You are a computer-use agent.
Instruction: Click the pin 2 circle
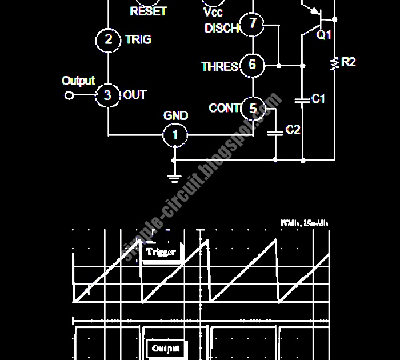click(108, 39)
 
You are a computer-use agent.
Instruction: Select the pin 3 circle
click(107, 95)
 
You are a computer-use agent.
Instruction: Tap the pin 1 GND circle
click(175, 135)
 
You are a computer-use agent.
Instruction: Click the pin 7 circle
click(251, 25)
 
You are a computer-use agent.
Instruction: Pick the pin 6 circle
click(252, 65)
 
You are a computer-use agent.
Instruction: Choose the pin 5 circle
click(253, 107)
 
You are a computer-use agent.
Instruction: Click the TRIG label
click(138, 39)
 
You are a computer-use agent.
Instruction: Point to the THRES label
click(219, 67)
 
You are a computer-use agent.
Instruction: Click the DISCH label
click(221, 28)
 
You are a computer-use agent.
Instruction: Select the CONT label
click(224, 108)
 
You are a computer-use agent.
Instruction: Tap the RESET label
click(148, 11)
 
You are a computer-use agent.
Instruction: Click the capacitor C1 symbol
click(302, 100)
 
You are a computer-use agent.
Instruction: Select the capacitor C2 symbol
click(275, 132)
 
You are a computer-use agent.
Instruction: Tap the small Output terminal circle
click(69, 95)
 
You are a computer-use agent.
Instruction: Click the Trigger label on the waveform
click(162, 251)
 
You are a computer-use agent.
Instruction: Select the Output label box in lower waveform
click(166, 347)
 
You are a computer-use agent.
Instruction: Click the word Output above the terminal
click(78, 81)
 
